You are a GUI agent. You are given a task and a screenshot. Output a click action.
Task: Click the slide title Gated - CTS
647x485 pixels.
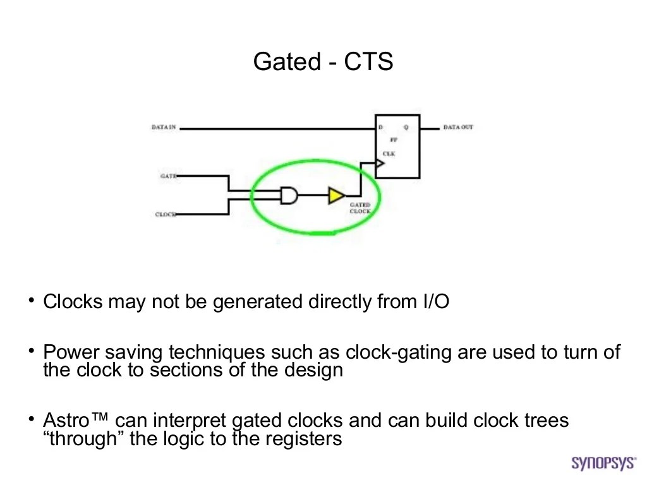[x=323, y=62]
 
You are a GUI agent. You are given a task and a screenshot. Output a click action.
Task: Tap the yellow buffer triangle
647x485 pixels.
[x=336, y=196]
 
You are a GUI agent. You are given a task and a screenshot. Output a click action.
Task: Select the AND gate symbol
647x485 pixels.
[x=289, y=196]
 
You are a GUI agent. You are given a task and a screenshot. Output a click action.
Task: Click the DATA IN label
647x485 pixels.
[x=164, y=128]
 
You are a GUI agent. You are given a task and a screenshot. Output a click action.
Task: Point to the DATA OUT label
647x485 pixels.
[x=458, y=128]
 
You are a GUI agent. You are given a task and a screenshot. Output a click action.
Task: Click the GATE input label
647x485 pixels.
[x=168, y=176]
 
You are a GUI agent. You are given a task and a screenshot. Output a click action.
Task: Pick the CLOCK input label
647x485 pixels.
[x=166, y=215]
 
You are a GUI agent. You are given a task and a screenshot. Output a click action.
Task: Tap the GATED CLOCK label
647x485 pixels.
[x=360, y=208]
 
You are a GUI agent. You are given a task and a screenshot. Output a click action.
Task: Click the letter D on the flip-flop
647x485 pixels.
[x=380, y=128]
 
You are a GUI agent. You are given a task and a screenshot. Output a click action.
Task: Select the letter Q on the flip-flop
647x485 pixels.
[x=406, y=128]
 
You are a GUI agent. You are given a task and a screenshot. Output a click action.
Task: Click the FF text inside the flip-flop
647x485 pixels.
[x=393, y=140]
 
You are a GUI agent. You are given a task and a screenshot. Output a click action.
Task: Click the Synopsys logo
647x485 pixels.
[x=603, y=463]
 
